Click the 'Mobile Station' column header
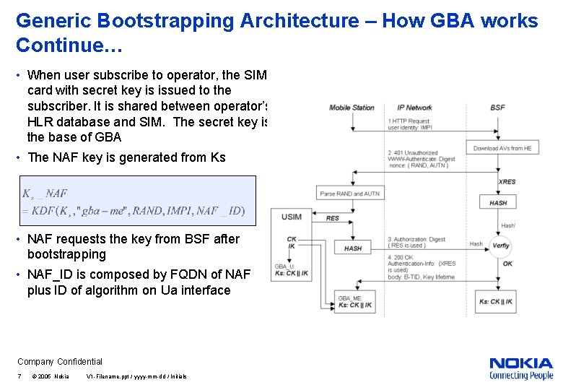pos(352,108)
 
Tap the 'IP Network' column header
pos(414,108)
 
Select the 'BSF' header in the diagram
pos(497,108)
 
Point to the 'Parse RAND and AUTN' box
pos(350,194)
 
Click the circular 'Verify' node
pos(500,246)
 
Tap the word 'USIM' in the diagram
pos(292,217)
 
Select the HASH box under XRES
pos(498,203)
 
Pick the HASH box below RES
pos(353,248)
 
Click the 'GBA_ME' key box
pos(355,302)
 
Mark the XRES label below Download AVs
pos(507,182)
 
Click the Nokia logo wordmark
pos(521,363)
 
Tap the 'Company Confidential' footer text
pos(60,362)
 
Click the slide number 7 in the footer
pos(19,376)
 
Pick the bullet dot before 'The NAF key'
pos(20,157)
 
